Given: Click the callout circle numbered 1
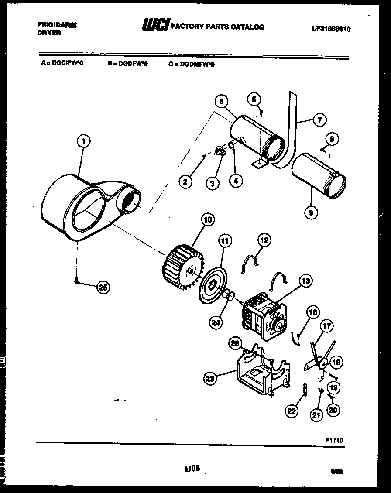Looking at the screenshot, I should (x=83, y=141).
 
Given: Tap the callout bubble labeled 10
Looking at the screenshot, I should (x=207, y=219).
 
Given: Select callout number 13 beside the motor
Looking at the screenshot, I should (x=305, y=281).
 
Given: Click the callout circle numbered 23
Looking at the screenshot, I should (x=211, y=379).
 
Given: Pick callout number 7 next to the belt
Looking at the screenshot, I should (x=320, y=119).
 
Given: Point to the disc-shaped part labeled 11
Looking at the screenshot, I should (x=212, y=287).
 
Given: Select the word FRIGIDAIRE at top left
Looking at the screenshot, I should (x=57, y=25).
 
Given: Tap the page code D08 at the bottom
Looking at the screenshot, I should (x=192, y=469).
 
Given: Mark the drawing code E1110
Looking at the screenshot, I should (x=334, y=441).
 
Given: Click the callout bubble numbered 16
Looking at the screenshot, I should (x=313, y=312).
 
